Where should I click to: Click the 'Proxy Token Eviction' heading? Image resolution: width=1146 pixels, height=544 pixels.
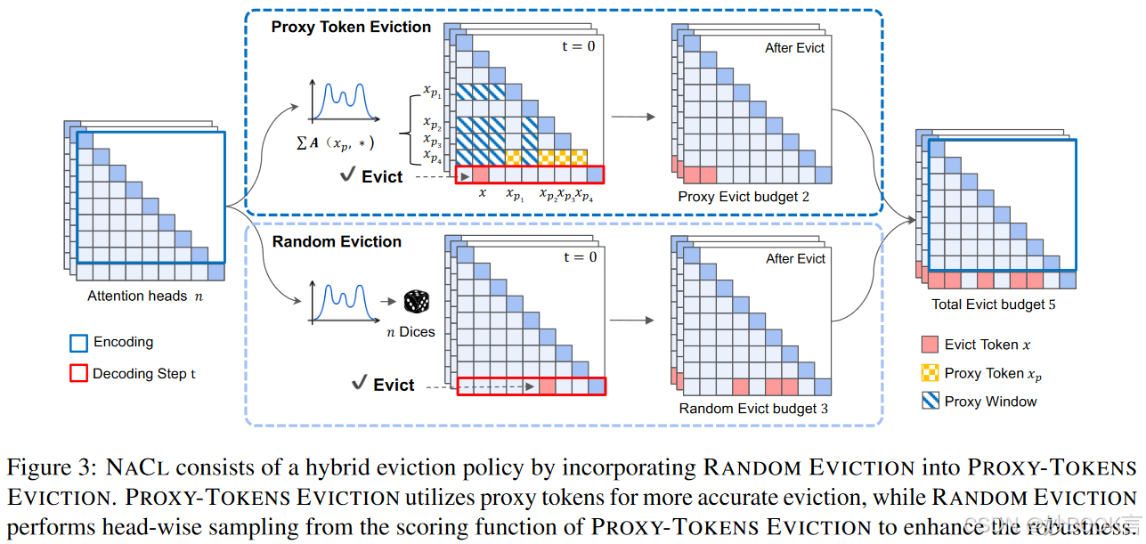coord(351,27)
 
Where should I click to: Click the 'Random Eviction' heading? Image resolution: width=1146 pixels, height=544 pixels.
coord(337,241)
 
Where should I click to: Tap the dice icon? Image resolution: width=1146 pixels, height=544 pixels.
coord(415,302)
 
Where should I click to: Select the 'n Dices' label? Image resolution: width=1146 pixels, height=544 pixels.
coord(410,332)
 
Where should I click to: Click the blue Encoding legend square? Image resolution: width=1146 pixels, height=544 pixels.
coord(78,343)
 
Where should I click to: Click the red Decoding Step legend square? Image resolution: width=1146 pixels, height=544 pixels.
coord(78,374)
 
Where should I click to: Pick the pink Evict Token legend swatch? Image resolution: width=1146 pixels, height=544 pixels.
coord(930,345)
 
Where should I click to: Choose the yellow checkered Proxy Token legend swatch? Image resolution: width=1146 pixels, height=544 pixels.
coord(930,373)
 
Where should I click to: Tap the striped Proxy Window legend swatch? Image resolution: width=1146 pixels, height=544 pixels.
coord(930,402)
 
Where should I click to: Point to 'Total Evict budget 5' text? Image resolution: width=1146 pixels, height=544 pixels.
coord(994,304)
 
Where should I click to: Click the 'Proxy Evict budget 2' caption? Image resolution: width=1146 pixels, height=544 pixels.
coord(744,196)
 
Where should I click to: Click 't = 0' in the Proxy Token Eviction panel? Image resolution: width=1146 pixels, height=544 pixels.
coord(579,46)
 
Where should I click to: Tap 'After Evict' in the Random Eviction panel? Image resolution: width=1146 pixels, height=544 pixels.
coord(795,258)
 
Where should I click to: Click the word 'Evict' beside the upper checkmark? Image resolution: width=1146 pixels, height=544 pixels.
coord(382,176)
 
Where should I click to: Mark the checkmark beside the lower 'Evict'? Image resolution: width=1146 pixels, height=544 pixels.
coord(360,384)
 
